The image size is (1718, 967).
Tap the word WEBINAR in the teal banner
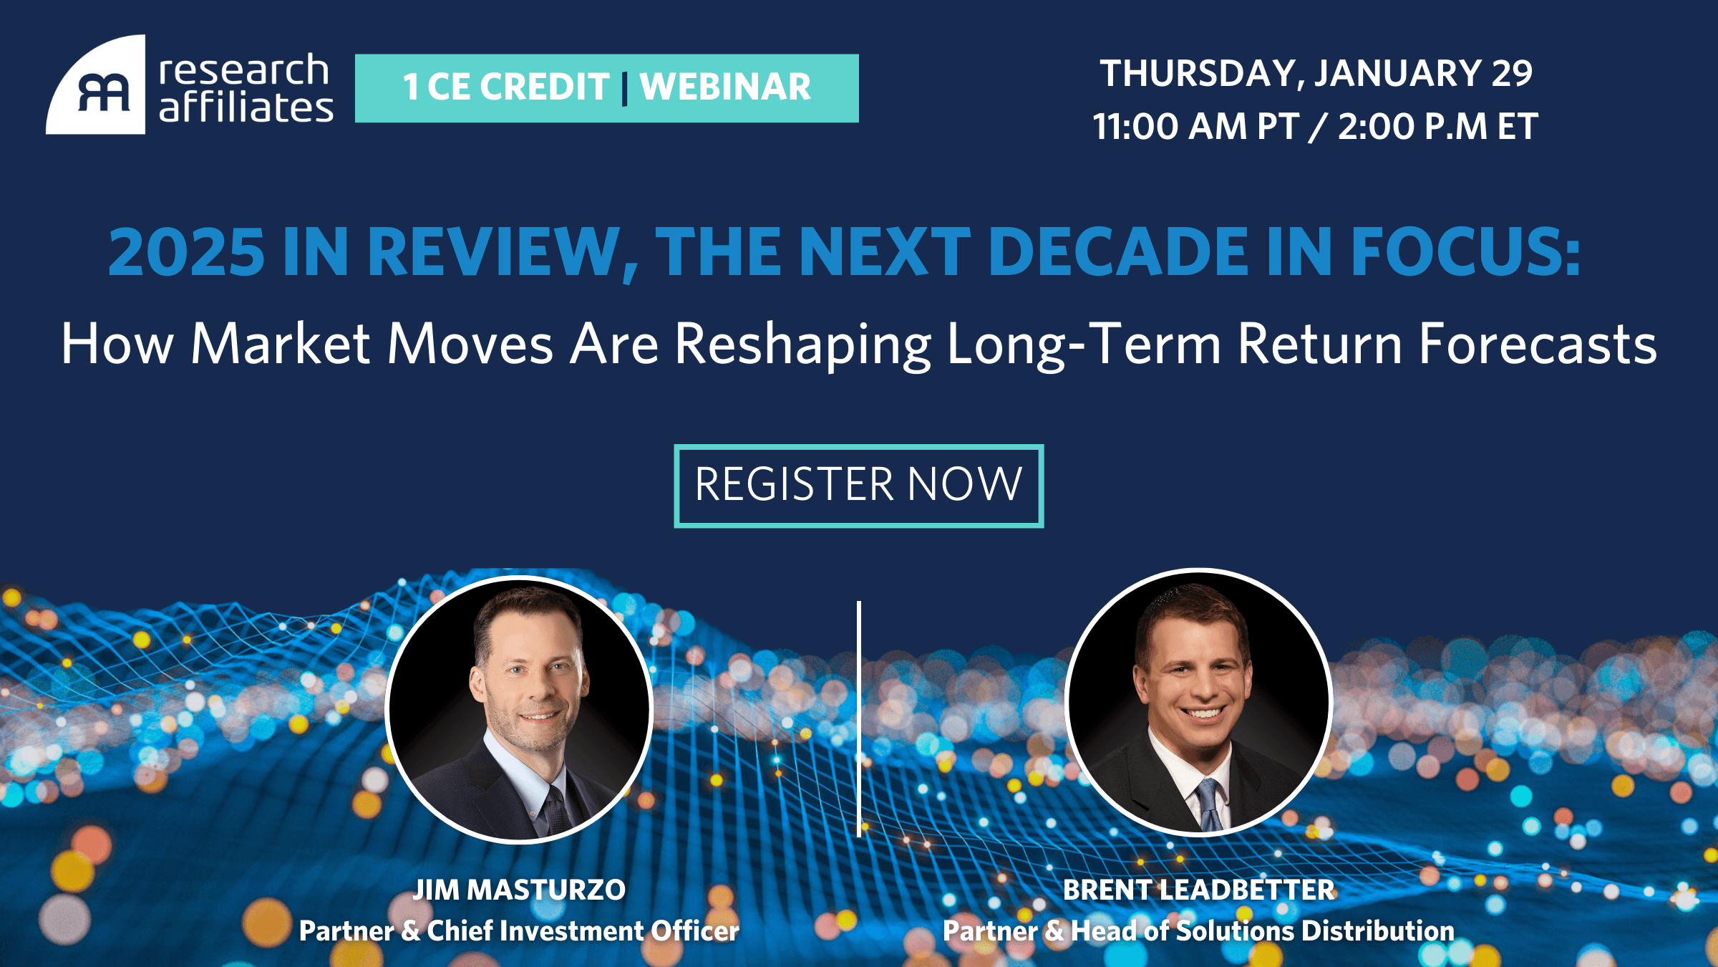click(x=725, y=87)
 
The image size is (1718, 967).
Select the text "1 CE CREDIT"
click(x=506, y=87)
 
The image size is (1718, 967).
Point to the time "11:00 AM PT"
click(x=1195, y=127)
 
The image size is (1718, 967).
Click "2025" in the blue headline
click(x=187, y=252)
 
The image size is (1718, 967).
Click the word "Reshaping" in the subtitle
click(x=803, y=345)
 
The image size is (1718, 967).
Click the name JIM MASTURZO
click(x=520, y=890)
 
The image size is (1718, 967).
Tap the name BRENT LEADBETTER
click(x=1199, y=890)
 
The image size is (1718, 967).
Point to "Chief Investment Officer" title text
click(x=583, y=931)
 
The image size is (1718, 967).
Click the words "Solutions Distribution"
click(x=1315, y=931)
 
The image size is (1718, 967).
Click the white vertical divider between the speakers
click(x=859, y=719)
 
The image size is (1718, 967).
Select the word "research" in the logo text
click(x=243, y=70)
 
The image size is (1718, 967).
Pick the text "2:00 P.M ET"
click(x=1437, y=127)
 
